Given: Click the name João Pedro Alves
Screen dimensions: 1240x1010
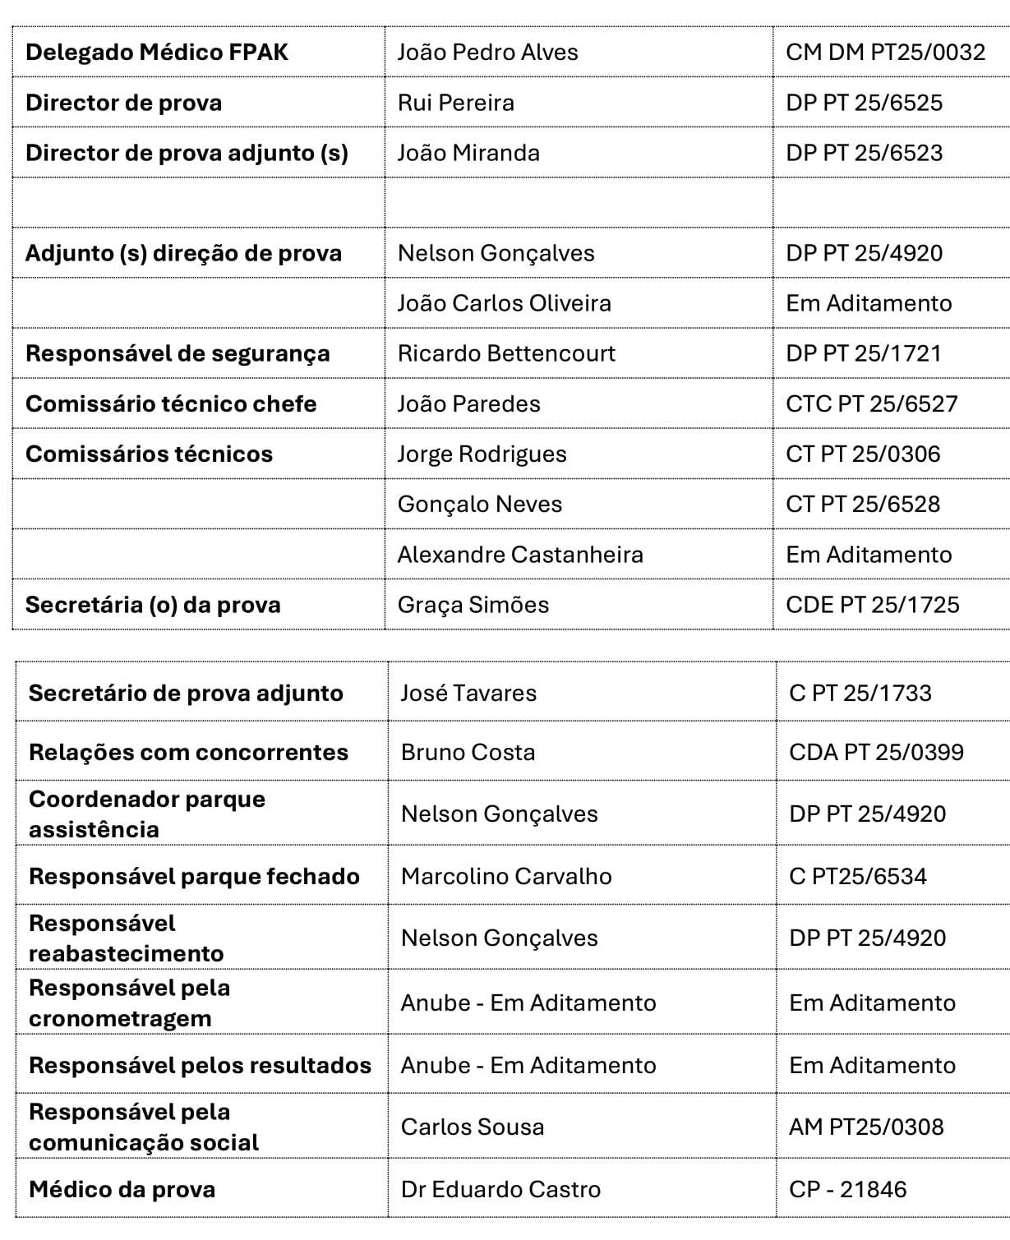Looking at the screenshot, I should tap(487, 53).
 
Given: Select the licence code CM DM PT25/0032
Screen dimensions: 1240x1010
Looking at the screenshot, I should tap(885, 53).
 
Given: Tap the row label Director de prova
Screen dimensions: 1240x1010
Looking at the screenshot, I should tap(123, 104).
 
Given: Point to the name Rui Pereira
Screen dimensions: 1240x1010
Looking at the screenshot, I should tap(455, 104).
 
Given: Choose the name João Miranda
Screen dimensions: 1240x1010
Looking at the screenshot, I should tap(468, 154).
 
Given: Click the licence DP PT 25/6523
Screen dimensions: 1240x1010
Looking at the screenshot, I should tap(864, 154).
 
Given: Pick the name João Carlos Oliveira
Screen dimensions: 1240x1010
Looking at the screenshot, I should tap(504, 303).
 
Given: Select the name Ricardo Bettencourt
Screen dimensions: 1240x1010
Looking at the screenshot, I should tap(506, 353).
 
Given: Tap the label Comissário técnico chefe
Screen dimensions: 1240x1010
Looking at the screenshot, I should tap(171, 404).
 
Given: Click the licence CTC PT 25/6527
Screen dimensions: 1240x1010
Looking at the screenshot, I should tap(871, 404).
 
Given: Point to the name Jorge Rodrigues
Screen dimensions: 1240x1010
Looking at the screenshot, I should tap(482, 454).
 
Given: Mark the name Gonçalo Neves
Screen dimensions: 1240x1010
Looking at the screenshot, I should tap(479, 505).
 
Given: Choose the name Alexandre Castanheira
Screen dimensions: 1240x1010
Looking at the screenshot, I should tap(520, 555).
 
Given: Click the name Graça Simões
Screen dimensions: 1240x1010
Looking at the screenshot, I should tap(473, 606).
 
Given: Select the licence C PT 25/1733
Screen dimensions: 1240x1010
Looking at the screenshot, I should tap(860, 694).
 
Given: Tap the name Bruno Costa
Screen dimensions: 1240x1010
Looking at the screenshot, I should tap(468, 753).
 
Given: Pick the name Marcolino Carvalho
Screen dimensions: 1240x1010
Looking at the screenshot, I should tap(506, 877).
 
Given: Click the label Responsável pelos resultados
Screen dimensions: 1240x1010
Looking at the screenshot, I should tap(200, 1066).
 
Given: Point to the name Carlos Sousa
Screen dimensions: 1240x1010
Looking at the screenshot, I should tap(472, 1127).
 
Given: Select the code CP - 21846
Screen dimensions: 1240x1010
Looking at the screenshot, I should tap(847, 1190).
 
